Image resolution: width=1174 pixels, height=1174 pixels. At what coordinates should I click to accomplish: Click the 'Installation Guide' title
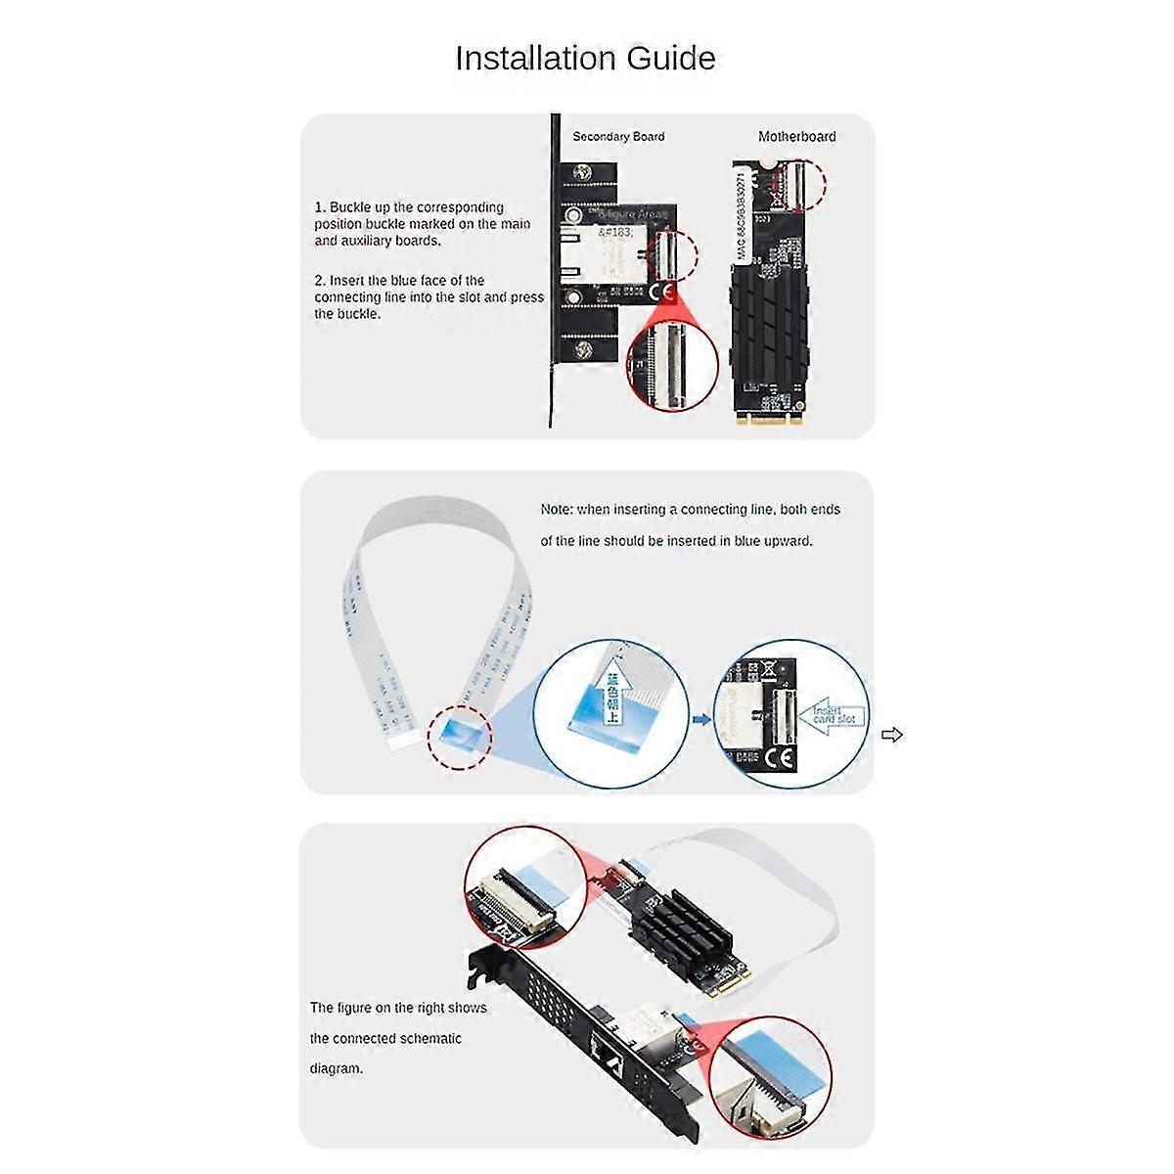coord(585,59)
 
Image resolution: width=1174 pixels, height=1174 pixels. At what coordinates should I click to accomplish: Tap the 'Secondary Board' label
coord(618,137)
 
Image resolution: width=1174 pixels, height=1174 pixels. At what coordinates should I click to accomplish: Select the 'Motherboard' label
coord(796,137)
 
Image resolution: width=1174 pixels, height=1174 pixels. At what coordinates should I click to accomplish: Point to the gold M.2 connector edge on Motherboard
coord(769,418)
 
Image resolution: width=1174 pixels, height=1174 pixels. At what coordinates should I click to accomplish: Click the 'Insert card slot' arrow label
coord(833,717)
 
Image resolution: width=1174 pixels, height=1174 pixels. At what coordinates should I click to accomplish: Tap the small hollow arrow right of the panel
coord(892,735)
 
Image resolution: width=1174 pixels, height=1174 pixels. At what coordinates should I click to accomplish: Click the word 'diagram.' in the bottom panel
coord(337,1068)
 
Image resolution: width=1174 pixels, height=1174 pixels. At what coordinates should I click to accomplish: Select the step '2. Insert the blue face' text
coord(429,297)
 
